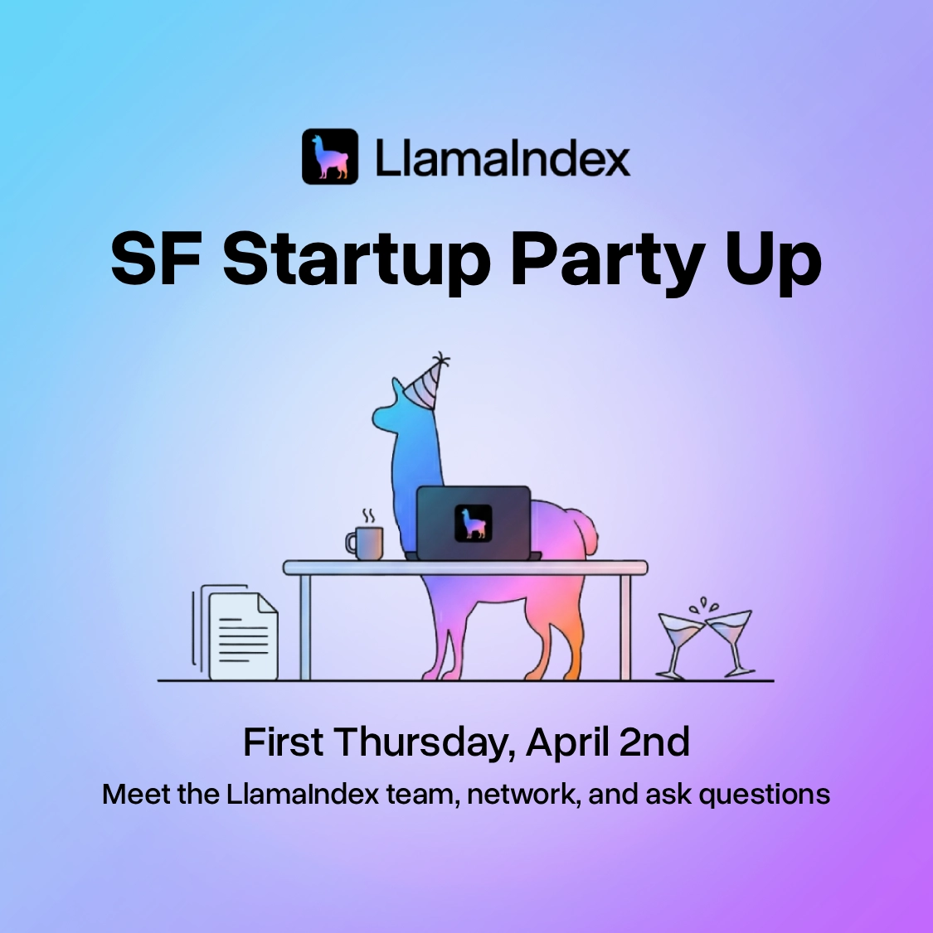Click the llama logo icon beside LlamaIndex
(329, 157)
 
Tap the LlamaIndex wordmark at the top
(502, 157)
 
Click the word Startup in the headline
(357, 259)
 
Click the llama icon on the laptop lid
(474, 524)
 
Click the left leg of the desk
(305, 626)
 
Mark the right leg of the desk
(625, 626)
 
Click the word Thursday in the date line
(425, 742)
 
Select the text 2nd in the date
(655, 742)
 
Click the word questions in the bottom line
(764, 795)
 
